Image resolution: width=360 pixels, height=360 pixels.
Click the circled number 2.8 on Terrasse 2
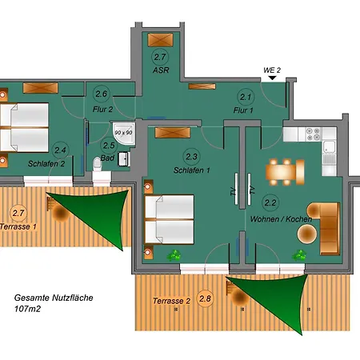[x=205, y=300]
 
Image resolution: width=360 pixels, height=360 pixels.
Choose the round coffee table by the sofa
[x=307, y=234]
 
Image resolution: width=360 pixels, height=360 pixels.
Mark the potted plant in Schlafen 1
[x=174, y=255]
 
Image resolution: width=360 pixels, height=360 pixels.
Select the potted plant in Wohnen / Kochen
[x=300, y=254]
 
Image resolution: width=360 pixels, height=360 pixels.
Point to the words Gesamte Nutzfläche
[x=54, y=297]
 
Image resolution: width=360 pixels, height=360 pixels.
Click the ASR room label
[x=161, y=70]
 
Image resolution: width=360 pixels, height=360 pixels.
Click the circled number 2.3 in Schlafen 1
[x=191, y=156]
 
